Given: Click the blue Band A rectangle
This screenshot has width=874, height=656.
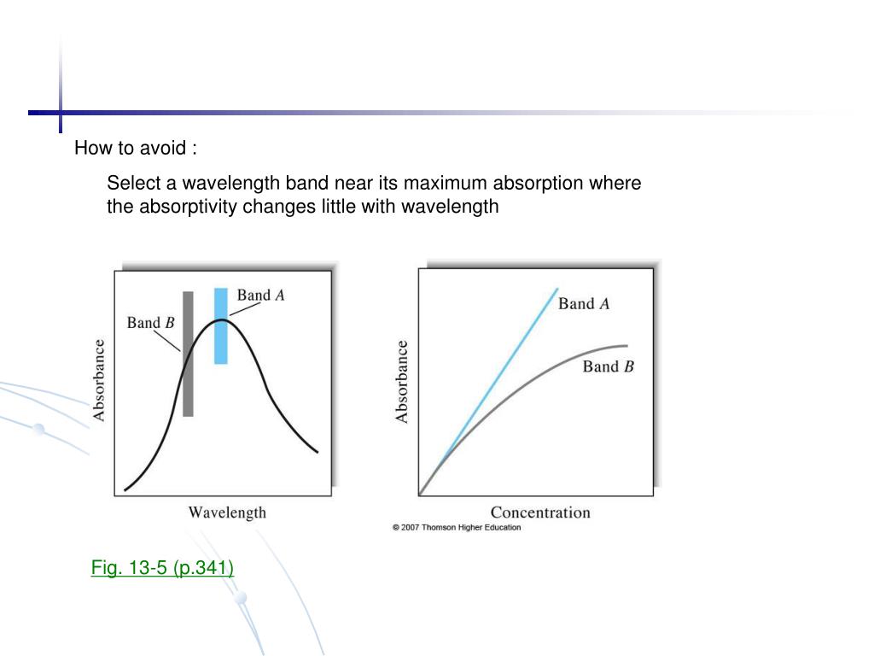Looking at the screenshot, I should coord(221,342).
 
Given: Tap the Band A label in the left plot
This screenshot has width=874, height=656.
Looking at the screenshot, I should coord(260,296).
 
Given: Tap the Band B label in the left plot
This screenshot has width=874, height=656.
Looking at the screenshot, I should coord(150,323).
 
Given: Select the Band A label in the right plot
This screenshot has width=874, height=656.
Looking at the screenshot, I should coord(584,303).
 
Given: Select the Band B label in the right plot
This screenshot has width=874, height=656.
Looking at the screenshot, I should coord(608,366).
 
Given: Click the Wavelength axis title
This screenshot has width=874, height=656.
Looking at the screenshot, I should coord(227,512).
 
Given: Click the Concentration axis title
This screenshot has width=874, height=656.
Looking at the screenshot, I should coord(539,512).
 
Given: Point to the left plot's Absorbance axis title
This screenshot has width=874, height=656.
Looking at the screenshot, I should coord(100,380).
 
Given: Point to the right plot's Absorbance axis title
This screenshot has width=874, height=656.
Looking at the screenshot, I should coord(402,382).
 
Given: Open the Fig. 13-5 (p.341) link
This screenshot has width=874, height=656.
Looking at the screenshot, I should coord(162,567).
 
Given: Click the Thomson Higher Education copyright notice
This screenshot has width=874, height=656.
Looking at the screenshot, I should coord(456,528).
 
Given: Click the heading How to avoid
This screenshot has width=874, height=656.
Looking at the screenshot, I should coord(135,148).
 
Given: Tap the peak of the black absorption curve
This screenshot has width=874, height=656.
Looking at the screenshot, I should coord(221,319).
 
